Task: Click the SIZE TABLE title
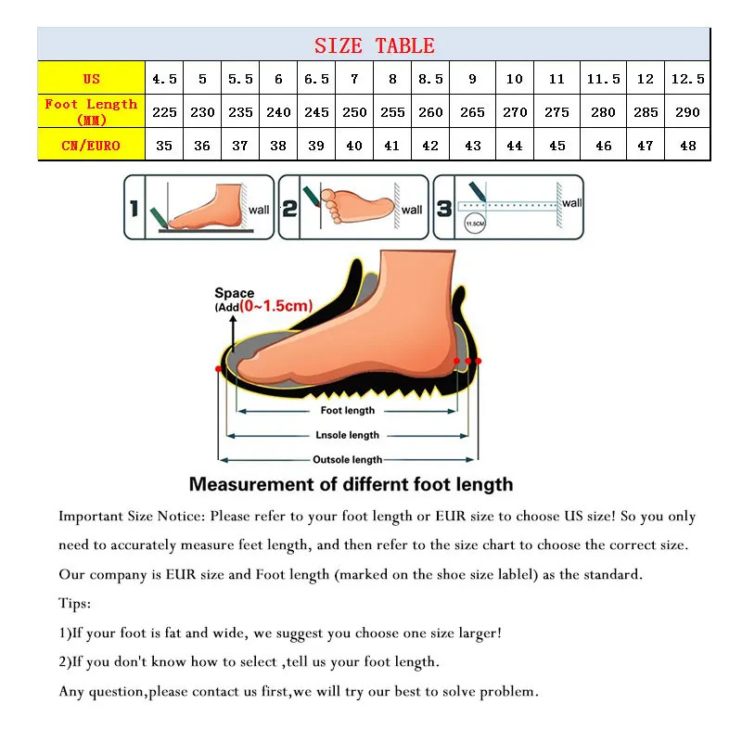click(374, 45)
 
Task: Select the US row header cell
click(91, 79)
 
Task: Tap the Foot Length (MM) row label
click(91, 111)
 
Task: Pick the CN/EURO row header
click(91, 146)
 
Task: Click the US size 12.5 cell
click(687, 79)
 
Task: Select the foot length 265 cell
click(472, 112)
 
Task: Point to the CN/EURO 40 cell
click(354, 146)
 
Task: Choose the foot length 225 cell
click(164, 112)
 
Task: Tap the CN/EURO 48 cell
click(687, 146)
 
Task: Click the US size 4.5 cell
click(164, 79)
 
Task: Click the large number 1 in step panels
click(134, 209)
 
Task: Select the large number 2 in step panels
click(289, 209)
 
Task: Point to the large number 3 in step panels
click(444, 209)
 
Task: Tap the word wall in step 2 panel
click(411, 210)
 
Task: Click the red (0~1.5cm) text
click(275, 306)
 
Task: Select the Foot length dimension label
click(348, 410)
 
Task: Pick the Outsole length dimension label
click(348, 459)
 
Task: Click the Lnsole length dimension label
click(348, 435)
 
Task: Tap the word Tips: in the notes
click(75, 604)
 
